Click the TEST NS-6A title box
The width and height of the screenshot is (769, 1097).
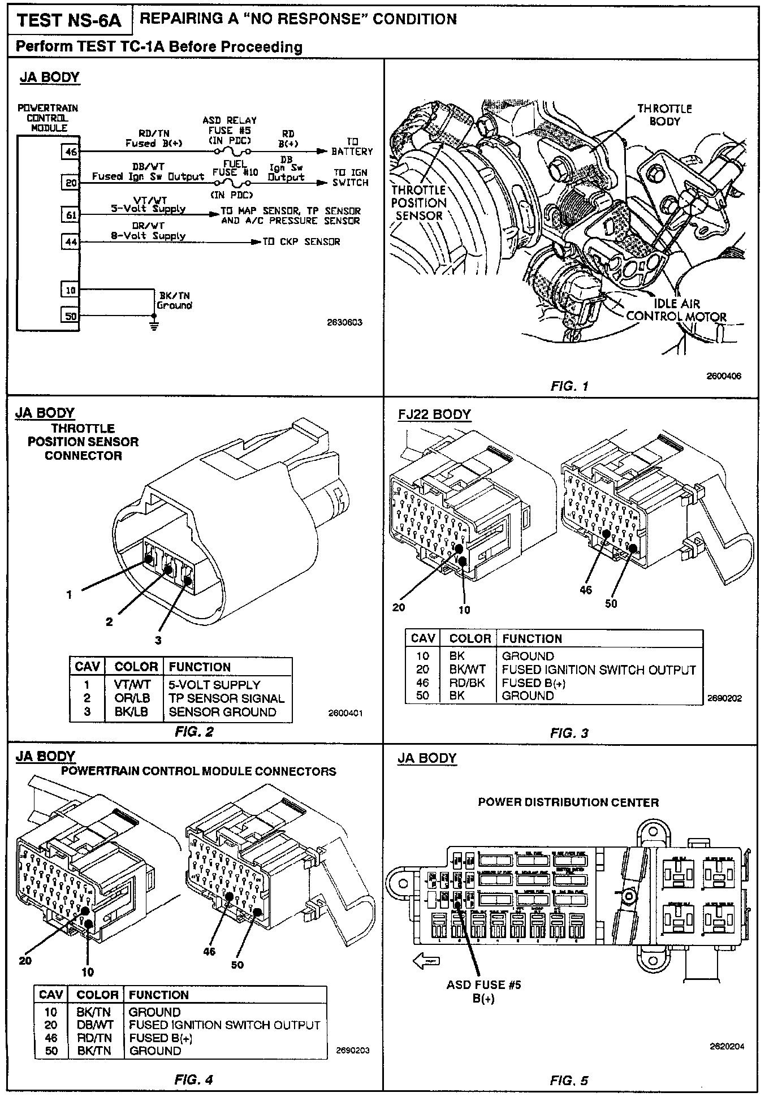(69, 21)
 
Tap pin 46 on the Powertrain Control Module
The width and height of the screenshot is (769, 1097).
(71, 152)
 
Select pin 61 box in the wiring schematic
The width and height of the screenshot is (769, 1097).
(71, 215)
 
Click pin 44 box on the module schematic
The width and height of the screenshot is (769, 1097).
(71, 242)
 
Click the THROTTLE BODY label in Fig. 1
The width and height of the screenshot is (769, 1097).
(664, 115)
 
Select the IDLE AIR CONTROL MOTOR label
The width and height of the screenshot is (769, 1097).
(677, 310)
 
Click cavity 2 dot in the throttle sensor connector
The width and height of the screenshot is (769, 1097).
(168, 571)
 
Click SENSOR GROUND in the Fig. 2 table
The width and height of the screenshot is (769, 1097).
(222, 712)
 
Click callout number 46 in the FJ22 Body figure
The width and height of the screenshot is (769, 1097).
(586, 590)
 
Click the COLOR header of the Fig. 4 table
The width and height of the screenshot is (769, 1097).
(97, 995)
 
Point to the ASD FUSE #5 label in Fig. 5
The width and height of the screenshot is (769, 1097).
(483, 984)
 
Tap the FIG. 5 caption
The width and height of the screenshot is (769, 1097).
(569, 1081)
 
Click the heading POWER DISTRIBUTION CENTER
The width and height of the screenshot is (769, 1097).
(568, 802)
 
